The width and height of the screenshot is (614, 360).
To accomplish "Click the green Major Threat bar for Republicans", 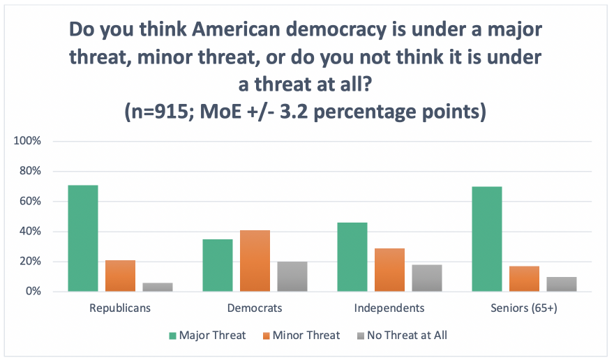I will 83,238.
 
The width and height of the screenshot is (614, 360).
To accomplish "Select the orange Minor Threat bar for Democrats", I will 255,260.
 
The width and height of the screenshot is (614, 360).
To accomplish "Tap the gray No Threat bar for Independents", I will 426,278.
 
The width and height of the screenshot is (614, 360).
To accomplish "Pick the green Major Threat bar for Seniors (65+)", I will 486,239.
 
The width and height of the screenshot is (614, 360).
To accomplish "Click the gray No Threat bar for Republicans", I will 158,287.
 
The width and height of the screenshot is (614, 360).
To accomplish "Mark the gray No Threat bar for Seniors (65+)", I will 561,284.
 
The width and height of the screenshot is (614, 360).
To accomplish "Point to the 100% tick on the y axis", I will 29,141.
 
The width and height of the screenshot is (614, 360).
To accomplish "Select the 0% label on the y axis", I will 34,292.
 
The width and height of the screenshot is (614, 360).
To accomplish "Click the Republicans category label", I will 121,307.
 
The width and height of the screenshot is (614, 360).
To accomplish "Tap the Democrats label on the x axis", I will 255,307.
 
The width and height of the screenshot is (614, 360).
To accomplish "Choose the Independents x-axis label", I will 389,307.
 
